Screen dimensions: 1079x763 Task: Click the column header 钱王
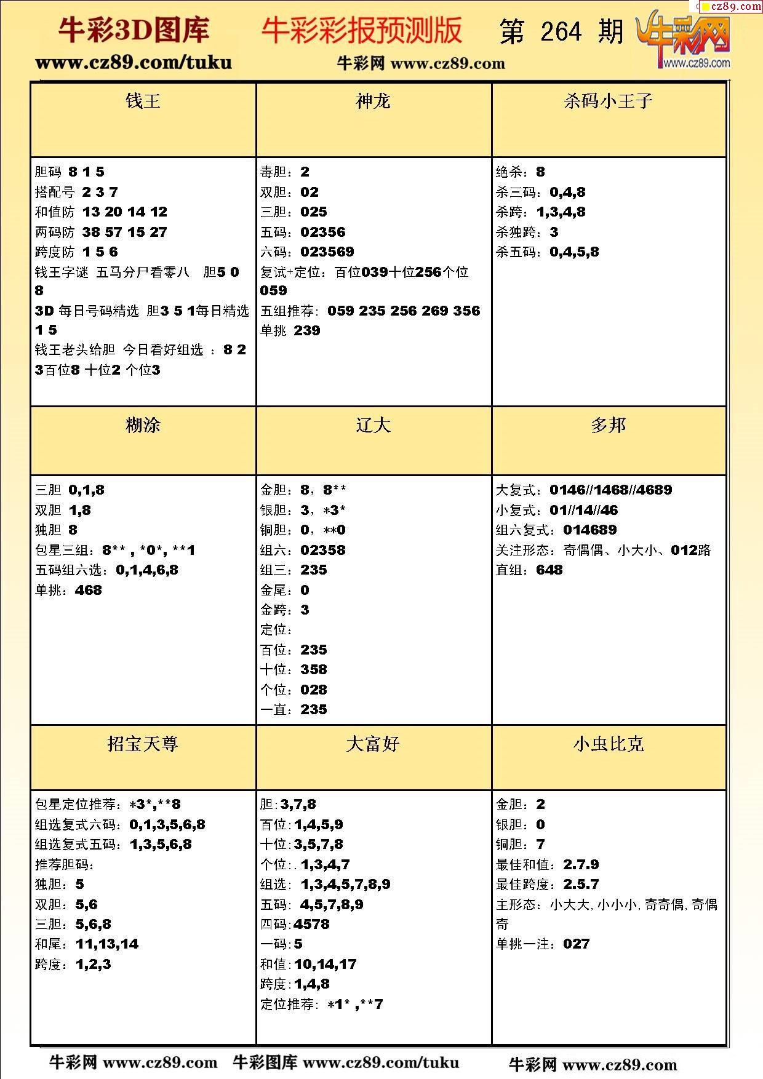[143, 102]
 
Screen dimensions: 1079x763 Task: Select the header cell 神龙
[373, 102]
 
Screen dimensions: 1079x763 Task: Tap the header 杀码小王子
[608, 102]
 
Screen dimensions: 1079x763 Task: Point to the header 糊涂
[143, 425]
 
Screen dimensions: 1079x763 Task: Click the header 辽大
[373, 425]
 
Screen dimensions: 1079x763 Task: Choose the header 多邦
[608, 425]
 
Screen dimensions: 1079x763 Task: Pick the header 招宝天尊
[143, 744]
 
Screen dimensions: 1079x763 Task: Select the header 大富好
[373, 744]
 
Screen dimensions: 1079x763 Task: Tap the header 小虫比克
[608, 744]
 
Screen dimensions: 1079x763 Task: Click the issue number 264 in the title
[561, 32]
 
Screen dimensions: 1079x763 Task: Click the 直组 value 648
[549, 570]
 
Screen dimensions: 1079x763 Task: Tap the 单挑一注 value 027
[576, 944]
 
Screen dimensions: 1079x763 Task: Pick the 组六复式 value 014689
[589, 530]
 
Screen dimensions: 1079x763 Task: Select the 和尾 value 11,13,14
[107, 944]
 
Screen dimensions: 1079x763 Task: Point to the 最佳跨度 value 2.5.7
[581, 885]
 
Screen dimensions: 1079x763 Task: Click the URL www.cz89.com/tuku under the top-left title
[134, 63]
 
